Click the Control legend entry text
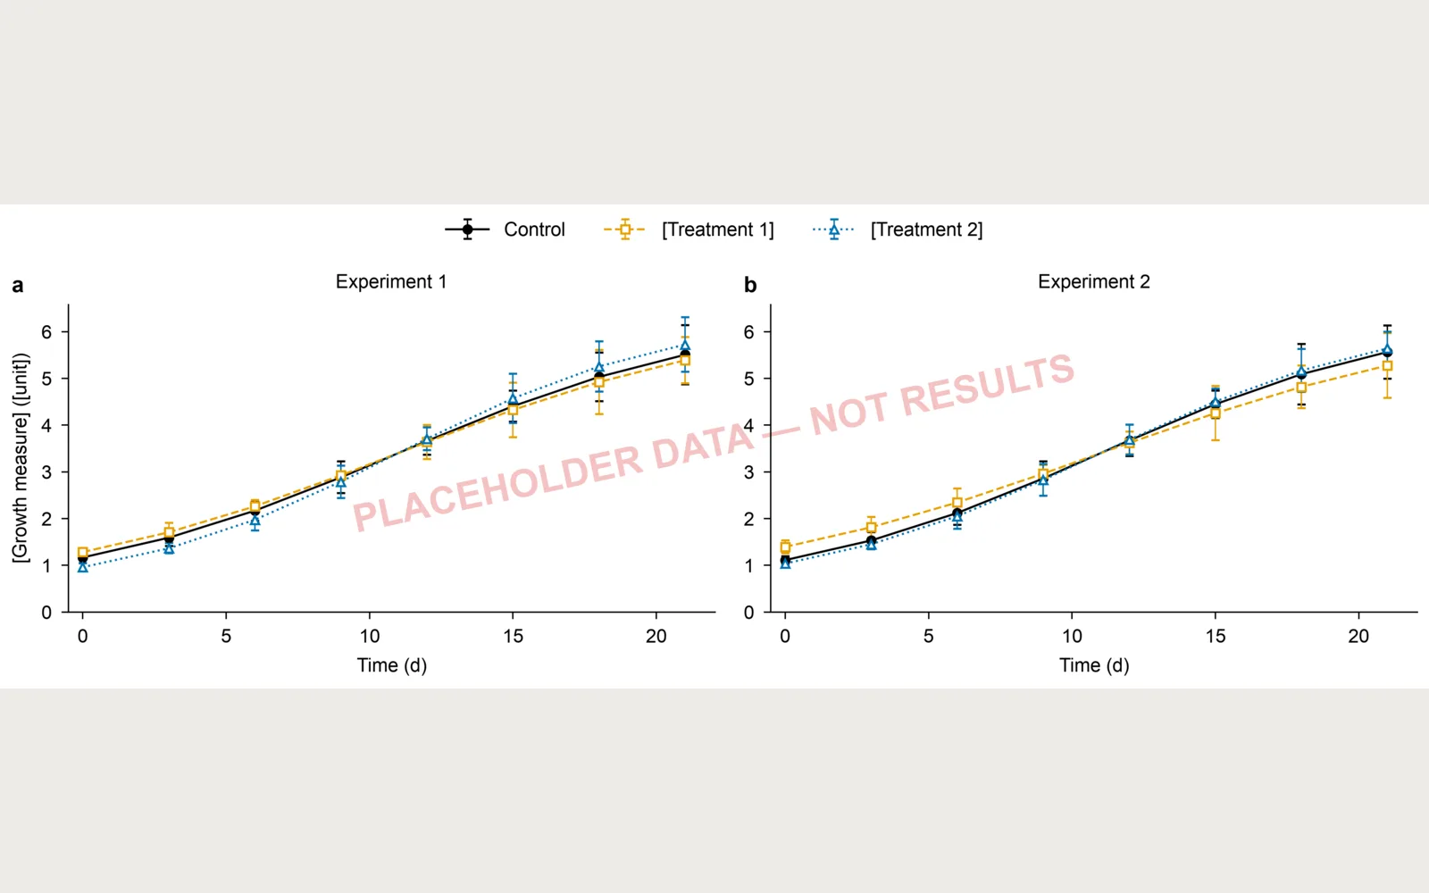click(x=534, y=230)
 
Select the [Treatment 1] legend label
click(x=718, y=230)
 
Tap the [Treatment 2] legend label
click(x=926, y=230)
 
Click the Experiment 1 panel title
click(x=391, y=281)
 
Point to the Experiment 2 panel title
click(x=1093, y=281)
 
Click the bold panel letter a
click(x=18, y=285)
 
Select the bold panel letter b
click(x=750, y=285)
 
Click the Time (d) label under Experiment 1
click(x=392, y=665)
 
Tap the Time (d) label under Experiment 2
click(x=1094, y=665)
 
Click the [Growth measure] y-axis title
click(x=21, y=457)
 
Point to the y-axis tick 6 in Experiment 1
click(x=46, y=331)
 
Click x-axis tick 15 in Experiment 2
click(x=1216, y=636)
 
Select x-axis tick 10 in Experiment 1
click(x=370, y=636)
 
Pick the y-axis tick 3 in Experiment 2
click(x=749, y=472)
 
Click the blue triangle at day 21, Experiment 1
click(x=684, y=345)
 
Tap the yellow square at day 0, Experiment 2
click(x=785, y=547)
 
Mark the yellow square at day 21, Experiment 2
click(x=1387, y=366)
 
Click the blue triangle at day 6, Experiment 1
click(x=255, y=521)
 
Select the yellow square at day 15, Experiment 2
click(x=1216, y=413)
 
